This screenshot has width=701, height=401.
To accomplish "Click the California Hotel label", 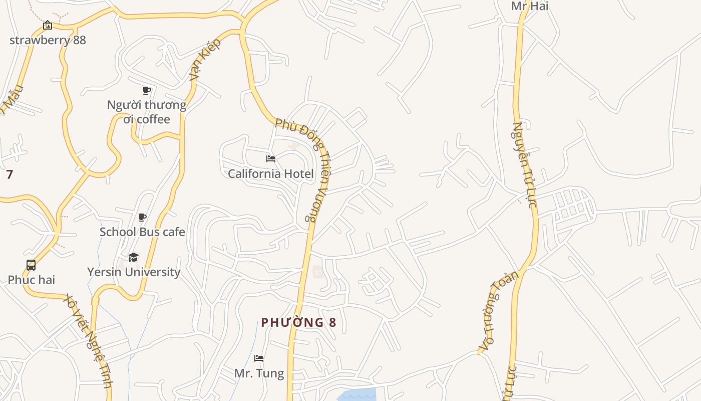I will (x=271, y=174).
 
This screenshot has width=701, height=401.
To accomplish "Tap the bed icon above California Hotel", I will (x=271, y=159).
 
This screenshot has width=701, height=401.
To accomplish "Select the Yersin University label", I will (x=134, y=272).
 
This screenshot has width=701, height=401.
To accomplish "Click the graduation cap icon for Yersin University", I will (x=133, y=257).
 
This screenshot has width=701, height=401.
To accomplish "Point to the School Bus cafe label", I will (x=142, y=232).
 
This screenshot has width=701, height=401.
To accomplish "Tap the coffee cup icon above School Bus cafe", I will (x=142, y=217).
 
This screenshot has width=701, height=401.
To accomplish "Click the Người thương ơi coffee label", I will (x=147, y=112).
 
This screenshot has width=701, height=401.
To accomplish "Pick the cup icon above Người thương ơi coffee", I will (x=146, y=90).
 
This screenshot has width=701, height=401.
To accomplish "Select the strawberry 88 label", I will (x=48, y=40).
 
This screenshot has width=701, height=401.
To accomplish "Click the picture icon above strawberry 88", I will (x=47, y=25).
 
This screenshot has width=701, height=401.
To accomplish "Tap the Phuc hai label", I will (x=31, y=280).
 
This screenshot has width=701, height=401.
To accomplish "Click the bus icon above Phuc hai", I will (x=31, y=265).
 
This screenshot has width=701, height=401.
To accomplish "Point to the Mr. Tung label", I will (x=259, y=373).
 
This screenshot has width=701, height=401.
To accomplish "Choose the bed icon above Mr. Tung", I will (x=259, y=358).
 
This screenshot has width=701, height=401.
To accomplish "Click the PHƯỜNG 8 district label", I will (x=298, y=322).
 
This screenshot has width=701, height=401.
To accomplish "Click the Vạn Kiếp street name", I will (x=205, y=60).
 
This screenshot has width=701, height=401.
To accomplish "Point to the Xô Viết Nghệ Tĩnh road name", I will (x=88, y=341).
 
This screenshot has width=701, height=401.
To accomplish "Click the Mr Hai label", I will (x=530, y=6).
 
